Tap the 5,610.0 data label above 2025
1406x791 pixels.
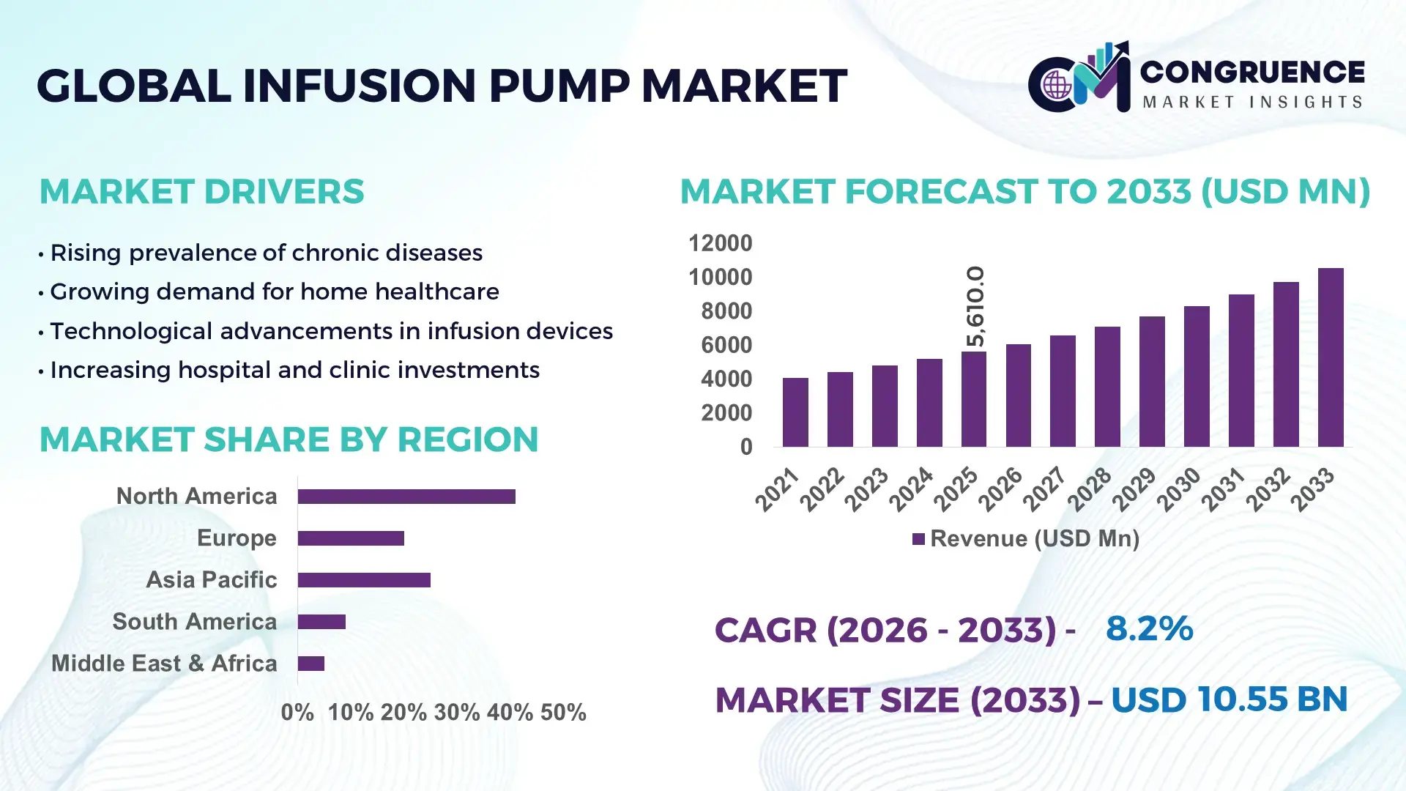coord(975,306)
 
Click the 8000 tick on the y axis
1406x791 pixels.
coord(726,311)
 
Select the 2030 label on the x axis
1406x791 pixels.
coord(1179,489)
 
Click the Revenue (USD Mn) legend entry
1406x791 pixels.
coord(1025,539)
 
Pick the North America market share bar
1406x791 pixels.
coord(406,497)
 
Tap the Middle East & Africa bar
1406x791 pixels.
coord(311,664)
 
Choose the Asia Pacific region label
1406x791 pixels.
coord(211,580)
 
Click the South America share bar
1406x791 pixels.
coord(321,622)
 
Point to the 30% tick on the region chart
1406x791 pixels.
coord(456,713)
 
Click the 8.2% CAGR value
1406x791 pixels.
coord(1149,628)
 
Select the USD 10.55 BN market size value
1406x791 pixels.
coord(1229,699)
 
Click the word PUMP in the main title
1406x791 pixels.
coord(558,86)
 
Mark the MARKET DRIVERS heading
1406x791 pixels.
coord(201,192)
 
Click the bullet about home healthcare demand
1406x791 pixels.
coord(274,291)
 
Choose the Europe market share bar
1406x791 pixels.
coord(351,538)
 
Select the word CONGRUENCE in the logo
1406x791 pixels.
coord(1252,72)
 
